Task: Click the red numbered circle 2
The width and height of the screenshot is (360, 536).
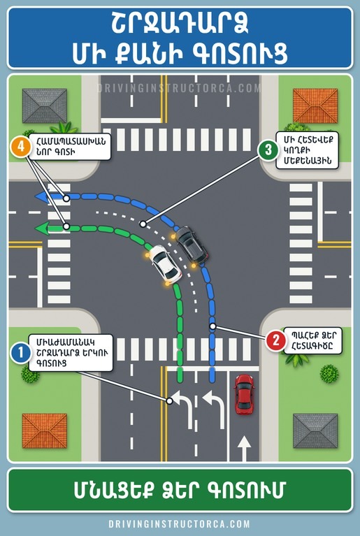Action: click(275, 340)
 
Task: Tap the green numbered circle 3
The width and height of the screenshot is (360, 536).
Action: click(268, 150)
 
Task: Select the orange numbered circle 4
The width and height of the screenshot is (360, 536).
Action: click(20, 147)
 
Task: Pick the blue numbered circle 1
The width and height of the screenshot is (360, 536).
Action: click(21, 352)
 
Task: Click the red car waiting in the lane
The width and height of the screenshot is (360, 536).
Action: click(244, 394)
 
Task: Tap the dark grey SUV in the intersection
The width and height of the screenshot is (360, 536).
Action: click(192, 245)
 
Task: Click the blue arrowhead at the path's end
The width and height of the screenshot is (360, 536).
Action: click(43, 197)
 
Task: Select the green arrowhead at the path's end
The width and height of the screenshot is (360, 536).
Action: click(43, 228)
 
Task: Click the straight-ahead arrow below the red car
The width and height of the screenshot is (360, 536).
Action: click(244, 448)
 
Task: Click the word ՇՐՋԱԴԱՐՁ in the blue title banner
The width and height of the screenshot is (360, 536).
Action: click(180, 24)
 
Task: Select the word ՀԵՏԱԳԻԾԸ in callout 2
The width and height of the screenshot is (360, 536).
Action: click(312, 347)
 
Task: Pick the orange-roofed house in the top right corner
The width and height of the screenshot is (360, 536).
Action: click(315, 106)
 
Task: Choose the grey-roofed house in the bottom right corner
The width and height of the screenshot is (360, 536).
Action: click(315, 430)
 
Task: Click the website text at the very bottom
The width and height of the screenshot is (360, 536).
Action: click(180, 524)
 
